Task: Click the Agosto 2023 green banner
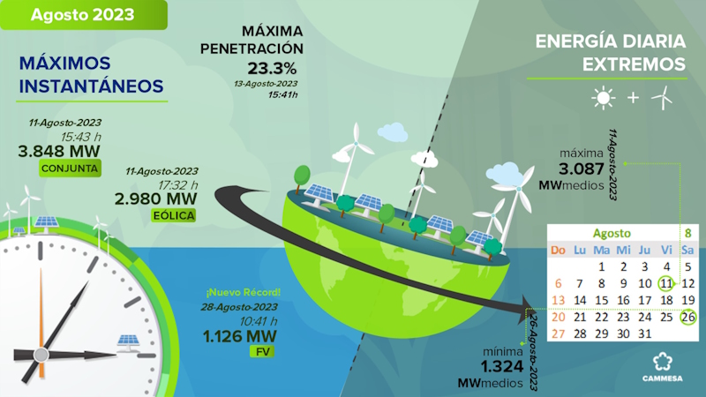tap(83, 15)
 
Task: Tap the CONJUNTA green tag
tap(70, 169)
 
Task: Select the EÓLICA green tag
tap(174, 215)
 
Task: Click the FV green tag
tap(262, 351)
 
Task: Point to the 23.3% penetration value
tap(272, 69)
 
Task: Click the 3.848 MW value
tap(59, 151)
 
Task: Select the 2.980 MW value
tap(156, 199)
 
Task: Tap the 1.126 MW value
tap(239, 336)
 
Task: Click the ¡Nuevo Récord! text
tap(244, 293)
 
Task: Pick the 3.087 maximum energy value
tap(582, 169)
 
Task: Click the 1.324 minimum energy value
tap(502, 366)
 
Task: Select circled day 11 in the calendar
tap(666, 283)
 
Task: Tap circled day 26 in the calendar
tap(688, 317)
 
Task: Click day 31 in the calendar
tap(645, 334)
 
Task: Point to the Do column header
tap(559, 251)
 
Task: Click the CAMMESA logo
tap(663, 367)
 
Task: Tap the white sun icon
tap(604, 98)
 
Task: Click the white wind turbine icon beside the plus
tap(662, 98)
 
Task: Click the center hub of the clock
tap(41, 355)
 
